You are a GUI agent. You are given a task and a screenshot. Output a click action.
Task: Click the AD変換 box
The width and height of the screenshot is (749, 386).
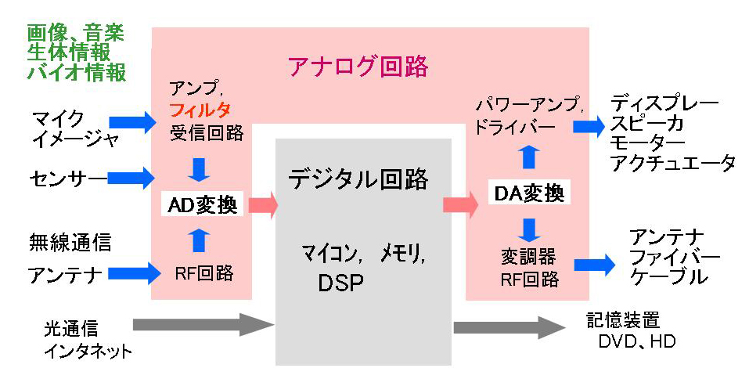tap(203, 205)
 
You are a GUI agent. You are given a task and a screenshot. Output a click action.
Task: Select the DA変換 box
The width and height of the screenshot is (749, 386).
tap(529, 193)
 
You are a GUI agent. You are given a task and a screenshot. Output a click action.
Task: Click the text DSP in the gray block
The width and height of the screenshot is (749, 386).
tap(340, 283)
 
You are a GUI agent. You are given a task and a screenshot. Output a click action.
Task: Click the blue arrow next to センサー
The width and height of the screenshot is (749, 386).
tap(132, 178)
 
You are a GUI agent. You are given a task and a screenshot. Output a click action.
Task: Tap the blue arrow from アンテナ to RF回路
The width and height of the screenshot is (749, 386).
tap(132, 273)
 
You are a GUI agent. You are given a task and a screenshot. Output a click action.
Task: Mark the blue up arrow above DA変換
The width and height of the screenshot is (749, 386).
tap(530, 157)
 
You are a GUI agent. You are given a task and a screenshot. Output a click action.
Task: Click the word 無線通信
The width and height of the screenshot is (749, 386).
tap(70, 242)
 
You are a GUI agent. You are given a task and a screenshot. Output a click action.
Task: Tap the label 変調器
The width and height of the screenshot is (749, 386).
tap(528, 256)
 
